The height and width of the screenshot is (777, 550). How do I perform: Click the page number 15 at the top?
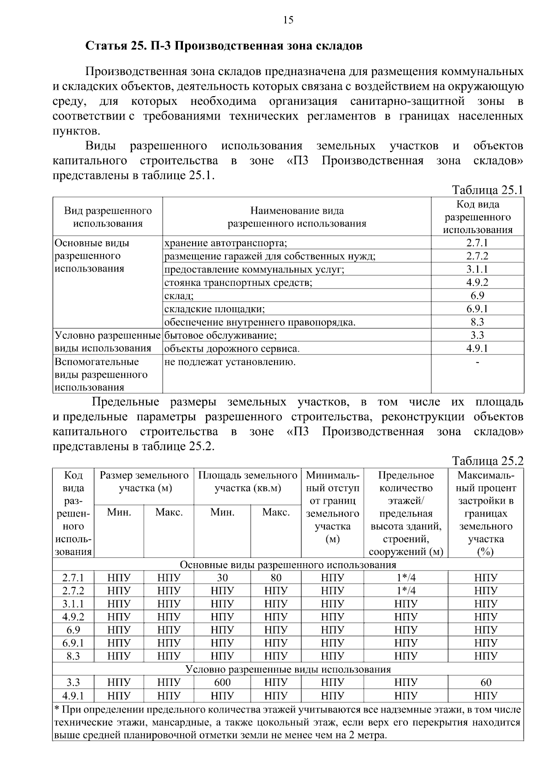(288, 20)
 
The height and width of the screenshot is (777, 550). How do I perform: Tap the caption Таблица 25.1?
(487, 190)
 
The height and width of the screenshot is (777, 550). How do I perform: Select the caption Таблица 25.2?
(487, 461)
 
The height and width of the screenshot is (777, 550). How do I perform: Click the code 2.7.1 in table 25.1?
(477, 243)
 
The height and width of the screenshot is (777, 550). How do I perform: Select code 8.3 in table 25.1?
(477, 322)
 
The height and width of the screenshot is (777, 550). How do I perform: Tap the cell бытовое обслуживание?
(220, 336)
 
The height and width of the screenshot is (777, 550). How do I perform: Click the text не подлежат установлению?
(230, 362)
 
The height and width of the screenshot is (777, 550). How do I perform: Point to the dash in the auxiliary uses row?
(478, 362)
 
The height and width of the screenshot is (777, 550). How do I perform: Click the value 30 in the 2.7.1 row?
(222, 578)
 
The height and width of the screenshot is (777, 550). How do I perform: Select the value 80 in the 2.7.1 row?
(276, 578)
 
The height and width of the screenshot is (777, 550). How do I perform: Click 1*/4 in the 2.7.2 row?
(406, 591)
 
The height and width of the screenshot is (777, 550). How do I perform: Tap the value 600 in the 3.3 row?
(222, 683)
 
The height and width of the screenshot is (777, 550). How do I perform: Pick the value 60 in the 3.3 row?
(486, 683)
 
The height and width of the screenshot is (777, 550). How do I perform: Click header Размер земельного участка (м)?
(144, 482)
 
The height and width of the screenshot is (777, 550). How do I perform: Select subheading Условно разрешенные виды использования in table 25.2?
(288, 669)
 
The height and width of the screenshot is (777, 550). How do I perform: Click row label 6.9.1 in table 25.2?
(73, 643)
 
